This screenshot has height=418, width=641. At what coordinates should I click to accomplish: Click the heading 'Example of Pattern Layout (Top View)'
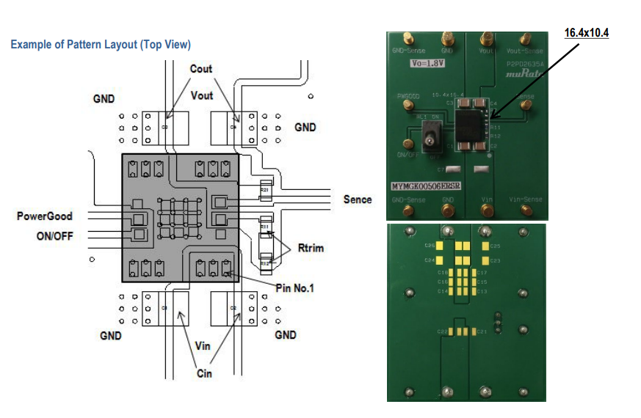(x=101, y=45)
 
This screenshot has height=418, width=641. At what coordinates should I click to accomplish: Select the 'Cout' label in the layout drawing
(x=200, y=69)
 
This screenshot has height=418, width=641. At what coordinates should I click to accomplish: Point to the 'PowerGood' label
(x=45, y=216)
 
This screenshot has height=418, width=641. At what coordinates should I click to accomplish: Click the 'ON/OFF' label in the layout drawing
(x=54, y=236)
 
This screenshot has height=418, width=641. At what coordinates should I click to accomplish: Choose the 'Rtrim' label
(x=311, y=248)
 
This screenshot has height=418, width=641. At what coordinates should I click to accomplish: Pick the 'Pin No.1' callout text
(x=295, y=288)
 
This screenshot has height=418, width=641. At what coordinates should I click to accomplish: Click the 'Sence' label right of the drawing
(x=358, y=199)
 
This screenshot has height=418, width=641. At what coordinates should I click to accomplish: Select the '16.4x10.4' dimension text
(x=586, y=33)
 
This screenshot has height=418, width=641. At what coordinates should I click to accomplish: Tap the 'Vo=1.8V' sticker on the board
(x=427, y=64)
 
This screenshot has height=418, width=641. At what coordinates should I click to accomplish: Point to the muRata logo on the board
(x=524, y=75)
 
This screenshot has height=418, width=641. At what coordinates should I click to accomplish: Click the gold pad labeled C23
(x=485, y=260)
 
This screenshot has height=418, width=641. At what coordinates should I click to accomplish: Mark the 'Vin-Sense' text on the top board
(x=525, y=199)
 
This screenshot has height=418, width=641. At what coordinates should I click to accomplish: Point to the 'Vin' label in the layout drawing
(x=203, y=345)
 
